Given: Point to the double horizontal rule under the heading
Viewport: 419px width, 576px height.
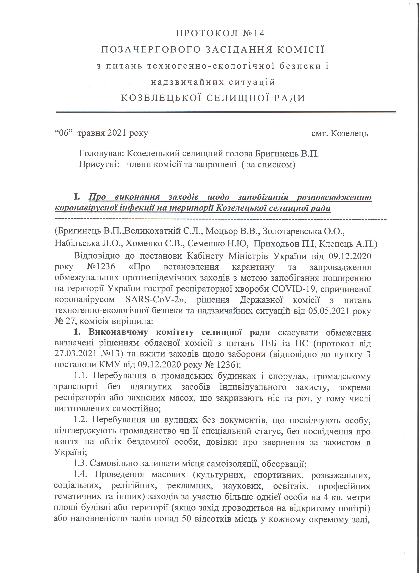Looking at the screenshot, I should pyautogui.click(x=226, y=112).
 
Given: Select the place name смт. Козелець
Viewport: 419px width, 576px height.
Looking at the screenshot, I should pyautogui.click(x=339, y=133).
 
